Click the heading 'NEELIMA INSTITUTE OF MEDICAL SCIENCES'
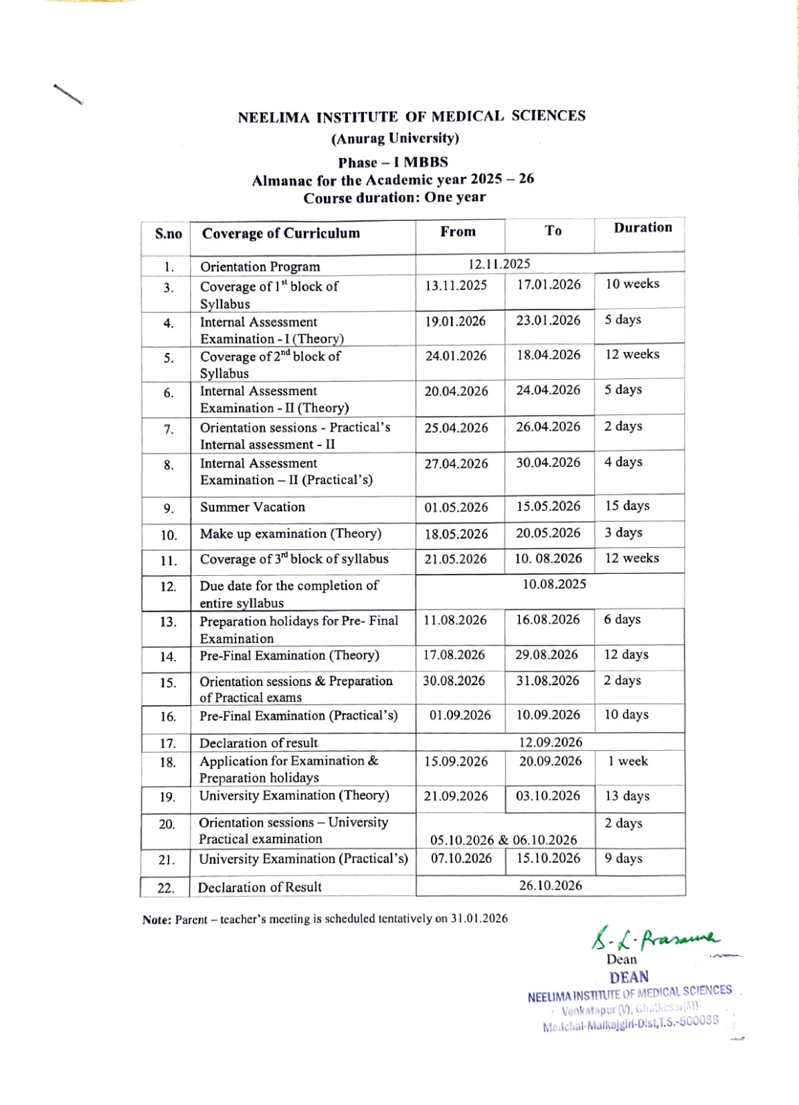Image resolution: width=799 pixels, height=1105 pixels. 412,117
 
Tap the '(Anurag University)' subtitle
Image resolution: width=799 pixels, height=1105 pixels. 395,139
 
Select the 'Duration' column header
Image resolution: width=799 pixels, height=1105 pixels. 642,228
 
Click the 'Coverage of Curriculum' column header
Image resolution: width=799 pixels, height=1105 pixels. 281,233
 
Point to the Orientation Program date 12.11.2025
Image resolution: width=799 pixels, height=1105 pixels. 499,264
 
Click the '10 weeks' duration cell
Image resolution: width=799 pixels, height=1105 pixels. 632,284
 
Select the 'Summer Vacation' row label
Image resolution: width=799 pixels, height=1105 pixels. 253,507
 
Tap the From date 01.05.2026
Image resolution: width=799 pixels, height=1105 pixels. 456,508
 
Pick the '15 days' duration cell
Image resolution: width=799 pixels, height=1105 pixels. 627,506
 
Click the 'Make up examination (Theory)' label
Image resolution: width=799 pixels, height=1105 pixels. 291,534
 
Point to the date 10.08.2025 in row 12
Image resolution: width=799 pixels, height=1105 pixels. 554,584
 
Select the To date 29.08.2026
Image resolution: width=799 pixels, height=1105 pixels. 547,655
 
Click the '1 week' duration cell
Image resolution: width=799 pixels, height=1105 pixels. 628,761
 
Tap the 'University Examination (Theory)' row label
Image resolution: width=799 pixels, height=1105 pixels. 294,796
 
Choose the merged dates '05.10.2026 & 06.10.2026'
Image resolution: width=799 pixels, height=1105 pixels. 503,840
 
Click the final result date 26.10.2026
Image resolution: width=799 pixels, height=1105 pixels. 550,885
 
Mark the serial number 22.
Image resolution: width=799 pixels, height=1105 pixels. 166,888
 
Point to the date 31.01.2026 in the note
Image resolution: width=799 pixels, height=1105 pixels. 479,919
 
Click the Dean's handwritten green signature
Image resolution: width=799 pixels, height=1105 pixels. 653,939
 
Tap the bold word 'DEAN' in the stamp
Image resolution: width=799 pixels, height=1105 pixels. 629,977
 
